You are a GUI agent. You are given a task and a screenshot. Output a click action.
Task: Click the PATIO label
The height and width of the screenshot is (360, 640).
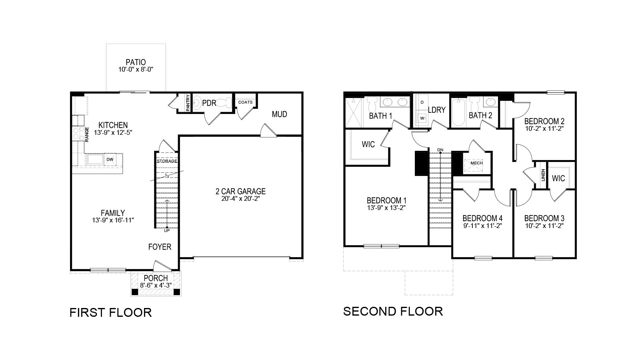[136, 62]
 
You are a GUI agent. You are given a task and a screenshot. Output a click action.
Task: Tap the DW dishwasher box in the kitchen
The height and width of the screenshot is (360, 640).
[110, 159]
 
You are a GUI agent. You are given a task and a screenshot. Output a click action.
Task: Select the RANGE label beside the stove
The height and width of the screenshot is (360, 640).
[86, 134]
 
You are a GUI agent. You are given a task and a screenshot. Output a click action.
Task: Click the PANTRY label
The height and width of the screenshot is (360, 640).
[188, 102]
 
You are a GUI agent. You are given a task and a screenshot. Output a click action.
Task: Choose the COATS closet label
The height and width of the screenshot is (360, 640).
[245, 102]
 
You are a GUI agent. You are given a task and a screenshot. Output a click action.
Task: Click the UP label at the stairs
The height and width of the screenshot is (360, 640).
[167, 231]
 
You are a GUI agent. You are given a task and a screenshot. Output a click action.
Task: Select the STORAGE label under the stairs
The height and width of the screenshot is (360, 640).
[167, 161]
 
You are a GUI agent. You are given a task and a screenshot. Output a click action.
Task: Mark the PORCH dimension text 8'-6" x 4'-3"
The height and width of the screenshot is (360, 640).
[156, 286]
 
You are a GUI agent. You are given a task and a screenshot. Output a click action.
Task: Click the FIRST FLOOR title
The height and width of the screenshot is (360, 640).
[111, 312]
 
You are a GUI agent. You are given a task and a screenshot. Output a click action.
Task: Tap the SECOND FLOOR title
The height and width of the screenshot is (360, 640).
[393, 311]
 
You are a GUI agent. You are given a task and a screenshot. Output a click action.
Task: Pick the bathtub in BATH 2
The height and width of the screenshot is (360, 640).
[458, 112]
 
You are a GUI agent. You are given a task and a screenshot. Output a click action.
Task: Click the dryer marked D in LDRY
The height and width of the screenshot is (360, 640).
[422, 102]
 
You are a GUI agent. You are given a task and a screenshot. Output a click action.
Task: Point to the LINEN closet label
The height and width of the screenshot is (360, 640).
[543, 175]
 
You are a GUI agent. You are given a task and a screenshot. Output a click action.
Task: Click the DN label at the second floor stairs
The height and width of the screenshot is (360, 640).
[440, 150]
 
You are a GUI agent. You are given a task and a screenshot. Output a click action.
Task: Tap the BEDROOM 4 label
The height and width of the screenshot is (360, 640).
[482, 218]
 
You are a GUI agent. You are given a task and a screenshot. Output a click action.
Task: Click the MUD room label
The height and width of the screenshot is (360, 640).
[279, 114]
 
